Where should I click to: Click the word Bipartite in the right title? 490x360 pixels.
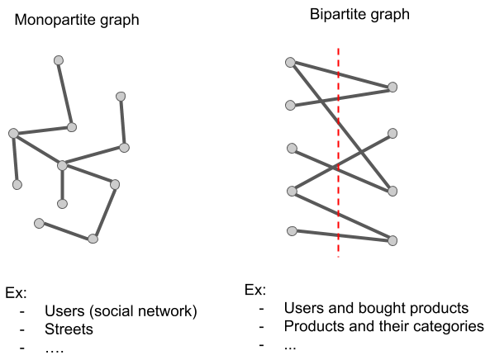pyautogui.click(x=335, y=14)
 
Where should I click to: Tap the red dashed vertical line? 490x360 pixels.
pyautogui.click(x=339, y=153)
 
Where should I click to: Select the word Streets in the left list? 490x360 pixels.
pyautogui.click(x=69, y=329)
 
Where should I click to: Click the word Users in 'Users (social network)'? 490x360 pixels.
pyautogui.click(x=64, y=310)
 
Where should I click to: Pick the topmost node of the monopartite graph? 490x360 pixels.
pyautogui.click(x=59, y=60)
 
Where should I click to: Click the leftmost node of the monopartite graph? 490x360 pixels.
pyautogui.click(x=13, y=133)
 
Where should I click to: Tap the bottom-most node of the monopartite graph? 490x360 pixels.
pyautogui.click(x=93, y=239)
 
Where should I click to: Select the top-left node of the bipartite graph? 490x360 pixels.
pyautogui.click(x=290, y=62)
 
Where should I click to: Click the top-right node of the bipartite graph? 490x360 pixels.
pyautogui.click(x=392, y=88)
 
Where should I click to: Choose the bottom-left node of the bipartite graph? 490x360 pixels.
pyautogui.click(x=292, y=231)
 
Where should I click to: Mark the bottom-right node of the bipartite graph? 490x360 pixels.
pyautogui.click(x=392, y=240)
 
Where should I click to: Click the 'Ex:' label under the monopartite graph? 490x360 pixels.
pyautogui.click(x=16, y=293)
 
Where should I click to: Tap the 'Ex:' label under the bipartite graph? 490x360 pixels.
pyautogui.click(x=255, y=290)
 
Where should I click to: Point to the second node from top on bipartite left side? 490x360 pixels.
pyautogui.click(x=290, y=105)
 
